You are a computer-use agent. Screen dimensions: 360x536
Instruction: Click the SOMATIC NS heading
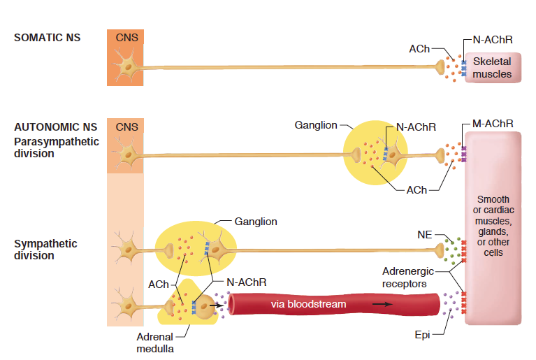click(x=47, y=37)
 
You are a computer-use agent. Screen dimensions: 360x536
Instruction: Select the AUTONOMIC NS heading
click(x=56, y=127)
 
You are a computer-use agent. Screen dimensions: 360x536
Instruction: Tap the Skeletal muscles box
click(x=492, y=68)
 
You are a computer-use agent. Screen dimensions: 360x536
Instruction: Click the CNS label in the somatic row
click(x=126, y=37)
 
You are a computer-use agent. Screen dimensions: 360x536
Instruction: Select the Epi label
click(x=422, y=336)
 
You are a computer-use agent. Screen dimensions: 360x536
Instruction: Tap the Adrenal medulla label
click(x=154, y=343)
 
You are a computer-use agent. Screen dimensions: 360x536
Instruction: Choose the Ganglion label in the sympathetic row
click(x=256, y=222)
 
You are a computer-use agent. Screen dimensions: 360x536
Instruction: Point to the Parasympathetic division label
click(x=57, y=147)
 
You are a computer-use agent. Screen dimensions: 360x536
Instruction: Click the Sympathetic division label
click(x=45, y=250)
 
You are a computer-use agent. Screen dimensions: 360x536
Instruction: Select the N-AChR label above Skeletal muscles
click(x=493, y=40)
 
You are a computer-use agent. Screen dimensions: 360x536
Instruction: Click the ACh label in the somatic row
click(x=419, y=49)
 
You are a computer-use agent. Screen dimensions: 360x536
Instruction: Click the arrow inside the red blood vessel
click(x=382, y=305)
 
